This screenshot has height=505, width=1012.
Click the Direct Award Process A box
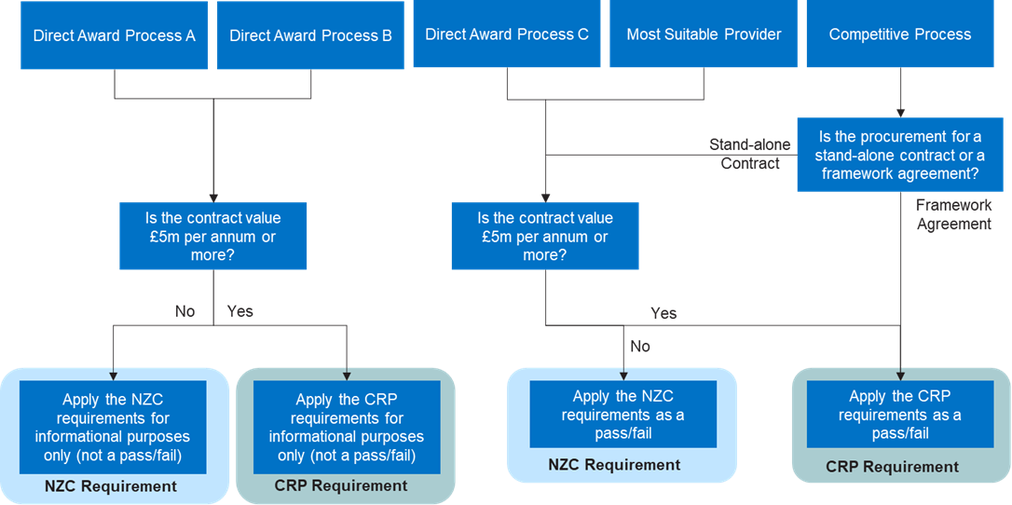[x=115, y=36]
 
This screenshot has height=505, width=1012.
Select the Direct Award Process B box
[x=310, y=36]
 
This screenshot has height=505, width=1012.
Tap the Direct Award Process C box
[x=507, y=35]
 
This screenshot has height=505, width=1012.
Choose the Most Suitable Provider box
[x=704, y=35]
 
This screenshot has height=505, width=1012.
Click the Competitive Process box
[x=899, y=35]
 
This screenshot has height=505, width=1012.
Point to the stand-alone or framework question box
[x=899, y=155]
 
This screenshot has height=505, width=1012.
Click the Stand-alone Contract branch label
[x=750, y=155]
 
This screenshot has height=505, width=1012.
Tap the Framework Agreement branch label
[x=953, y=214]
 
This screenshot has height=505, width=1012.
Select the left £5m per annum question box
[x=213, y=237]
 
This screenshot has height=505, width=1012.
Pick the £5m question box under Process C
[x=545, y=237]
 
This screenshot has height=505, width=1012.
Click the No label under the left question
[x=185, y=311]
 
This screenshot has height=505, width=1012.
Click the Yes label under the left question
[x=239, y=311]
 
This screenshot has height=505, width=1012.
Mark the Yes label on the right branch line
[x=663, y=313]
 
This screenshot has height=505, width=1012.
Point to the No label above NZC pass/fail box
[x=639, y=347]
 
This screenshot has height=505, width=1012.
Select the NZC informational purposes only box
[x=113, y=427]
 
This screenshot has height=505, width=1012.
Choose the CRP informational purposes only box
[x=346, y=427]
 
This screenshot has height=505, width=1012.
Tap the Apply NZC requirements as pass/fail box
[x=622, y=414]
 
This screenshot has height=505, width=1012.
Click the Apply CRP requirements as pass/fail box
[x=899, y=414]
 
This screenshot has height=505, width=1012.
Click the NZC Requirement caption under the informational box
[x=110, y=486]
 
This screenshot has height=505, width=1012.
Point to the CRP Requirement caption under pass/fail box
[x=892, y=467]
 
